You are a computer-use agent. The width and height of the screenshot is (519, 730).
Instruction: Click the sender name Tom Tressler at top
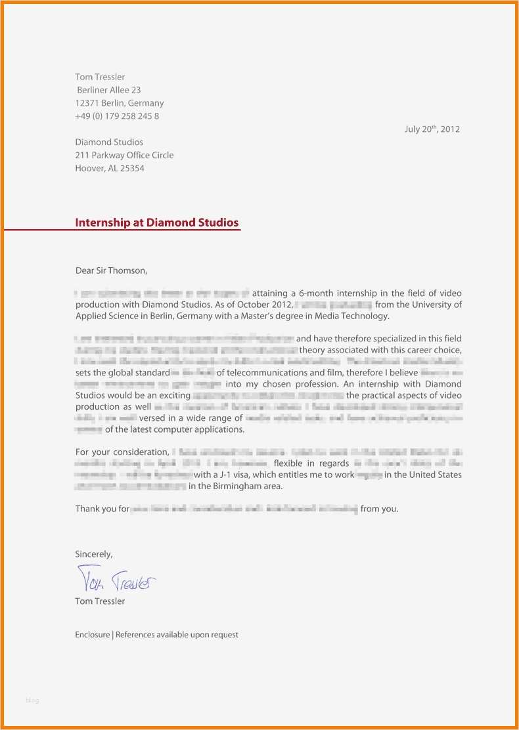pyautogui.click(x=100, y=77)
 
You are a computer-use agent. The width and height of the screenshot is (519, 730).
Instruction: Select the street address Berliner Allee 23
pyautogui.click(x=109, y=90)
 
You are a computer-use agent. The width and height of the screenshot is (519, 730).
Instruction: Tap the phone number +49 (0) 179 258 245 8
pyautogui.click(x=117, y=116)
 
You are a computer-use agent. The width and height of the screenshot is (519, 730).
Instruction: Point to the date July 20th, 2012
pyautogui.click(x=432, y=129)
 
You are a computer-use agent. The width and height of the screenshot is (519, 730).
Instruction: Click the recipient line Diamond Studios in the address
pyautogui.click(x=109, y=142)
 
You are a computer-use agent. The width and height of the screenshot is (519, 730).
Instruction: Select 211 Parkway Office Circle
pyautogui.click(x=124, y=156)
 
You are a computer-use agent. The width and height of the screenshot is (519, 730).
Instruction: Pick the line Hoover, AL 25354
pyautogui.click(x=110, y=169)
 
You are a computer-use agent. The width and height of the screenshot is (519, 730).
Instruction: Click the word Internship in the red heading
pyautogui.click(x=102, y=223)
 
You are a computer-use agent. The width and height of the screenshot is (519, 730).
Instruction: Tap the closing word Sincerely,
pyautogui.click(x=94, y=554)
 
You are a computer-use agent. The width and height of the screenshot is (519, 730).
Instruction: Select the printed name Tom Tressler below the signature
pyautogui.click(x=100, y=601)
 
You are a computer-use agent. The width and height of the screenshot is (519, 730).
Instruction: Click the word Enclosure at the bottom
pyautogui.click(x=92, y=635)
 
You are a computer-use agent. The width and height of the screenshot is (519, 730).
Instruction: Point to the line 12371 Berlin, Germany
pyautogui.click(x=120, y=103)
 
